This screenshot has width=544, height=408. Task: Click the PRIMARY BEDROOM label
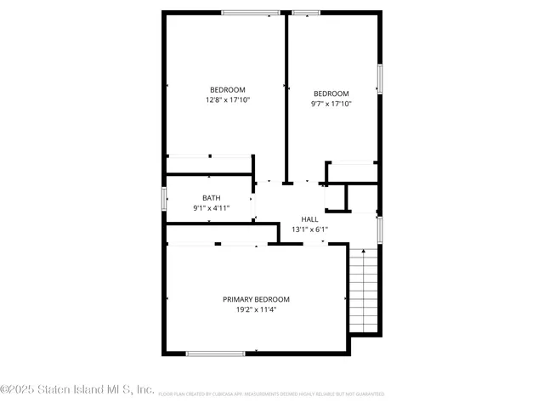coord(256,299)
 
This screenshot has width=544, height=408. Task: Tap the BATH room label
coord(211,198)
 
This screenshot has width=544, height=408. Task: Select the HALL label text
coord(309,219)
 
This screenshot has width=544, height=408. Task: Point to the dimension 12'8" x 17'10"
coord(228,100)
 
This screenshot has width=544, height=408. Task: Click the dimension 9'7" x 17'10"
coord(331,104)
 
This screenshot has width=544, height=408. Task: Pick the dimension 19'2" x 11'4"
coord(256,309)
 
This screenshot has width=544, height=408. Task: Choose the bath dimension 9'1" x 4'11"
coord(211,208)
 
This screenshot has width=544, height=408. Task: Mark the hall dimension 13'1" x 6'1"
coord(309,229)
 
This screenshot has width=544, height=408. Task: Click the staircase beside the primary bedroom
coord(363,291)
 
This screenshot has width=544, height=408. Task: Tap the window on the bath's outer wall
coord(164,197)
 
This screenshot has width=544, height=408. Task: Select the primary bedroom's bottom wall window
coord(215,353)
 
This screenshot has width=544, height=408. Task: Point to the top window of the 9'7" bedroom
coord(306,13)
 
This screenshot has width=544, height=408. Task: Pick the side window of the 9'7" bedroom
coord(380,79)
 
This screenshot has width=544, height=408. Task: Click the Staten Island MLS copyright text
coord(77,390)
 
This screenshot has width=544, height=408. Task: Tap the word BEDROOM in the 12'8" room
coord(228,90)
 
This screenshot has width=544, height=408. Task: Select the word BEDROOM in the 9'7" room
coord(331,93)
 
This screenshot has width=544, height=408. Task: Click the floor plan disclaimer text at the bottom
coord(271,394)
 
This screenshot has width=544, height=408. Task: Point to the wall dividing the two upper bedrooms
coord(286,93)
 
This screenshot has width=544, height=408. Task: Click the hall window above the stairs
coord(380,230)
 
